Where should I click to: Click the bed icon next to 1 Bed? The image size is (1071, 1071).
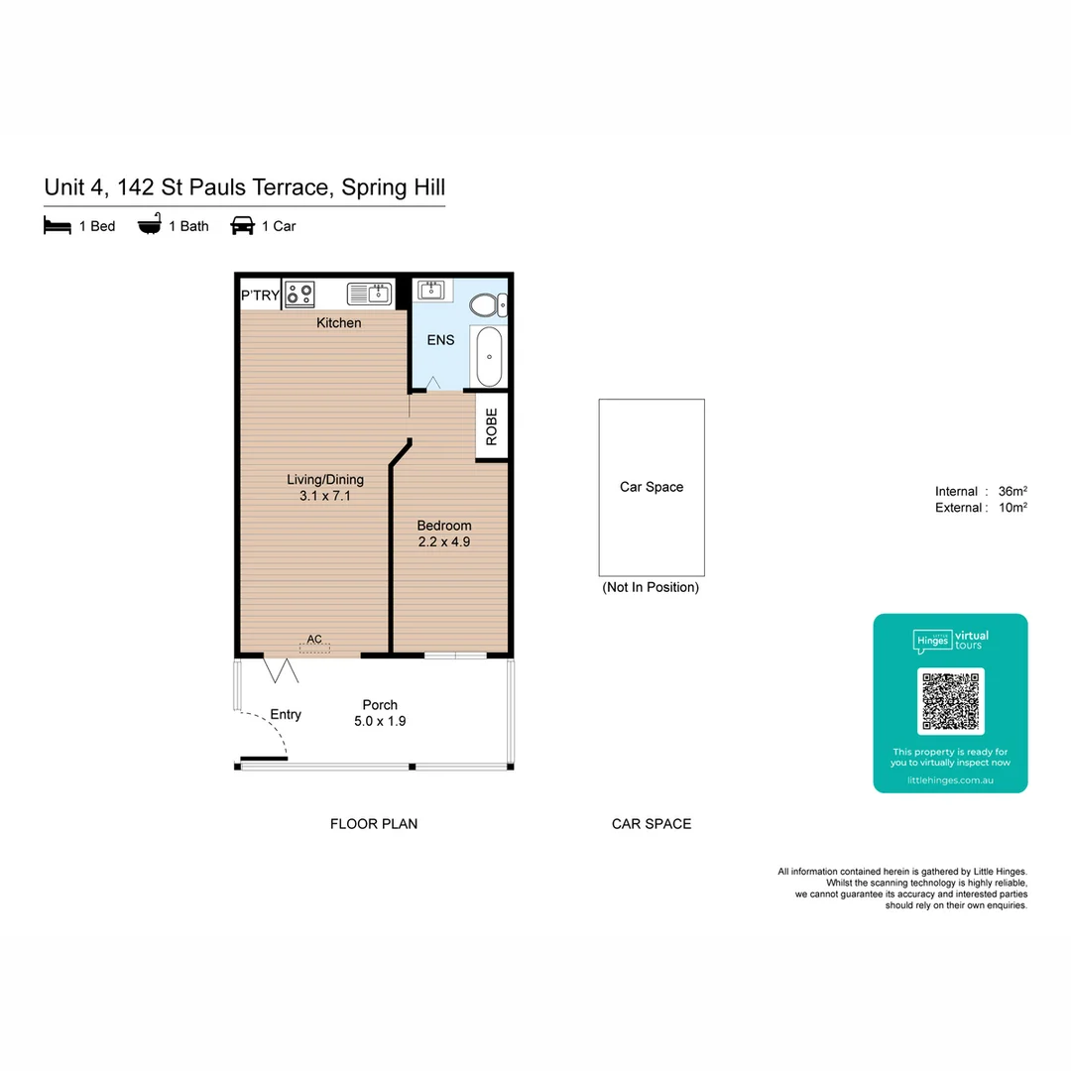[x=58, y=226]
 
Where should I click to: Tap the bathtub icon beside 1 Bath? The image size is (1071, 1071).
[x=149, y=226]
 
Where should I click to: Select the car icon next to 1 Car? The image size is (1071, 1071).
[x=242, y=226]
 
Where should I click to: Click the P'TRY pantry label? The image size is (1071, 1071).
[x=260, y=295]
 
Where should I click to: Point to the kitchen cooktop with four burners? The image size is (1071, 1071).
[x=299, y=295]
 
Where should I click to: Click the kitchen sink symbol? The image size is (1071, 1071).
[x=370, y=294]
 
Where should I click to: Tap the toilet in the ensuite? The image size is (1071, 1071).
[x=487, y=305]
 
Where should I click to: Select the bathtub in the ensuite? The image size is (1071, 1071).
[x=489, y=357]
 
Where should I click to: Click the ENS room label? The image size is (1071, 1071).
[x=440, y=340]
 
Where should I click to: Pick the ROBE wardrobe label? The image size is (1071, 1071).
[x=492, y=427]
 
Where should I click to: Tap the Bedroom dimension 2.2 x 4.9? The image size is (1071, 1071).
[x=443, y=542]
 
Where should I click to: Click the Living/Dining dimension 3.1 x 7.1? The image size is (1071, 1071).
[x=324, y=496]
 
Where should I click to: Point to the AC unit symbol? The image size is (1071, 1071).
[x=314, y=647]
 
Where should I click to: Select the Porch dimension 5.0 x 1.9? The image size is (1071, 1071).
[x=380, y=721]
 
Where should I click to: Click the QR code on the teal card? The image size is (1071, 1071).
[x=950, y=701]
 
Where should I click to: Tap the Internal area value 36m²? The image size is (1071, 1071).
[x=1012, y=491]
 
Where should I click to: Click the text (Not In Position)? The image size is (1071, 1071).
[x=651, y=587]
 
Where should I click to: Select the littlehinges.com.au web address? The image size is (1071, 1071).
[x=950, y=780]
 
